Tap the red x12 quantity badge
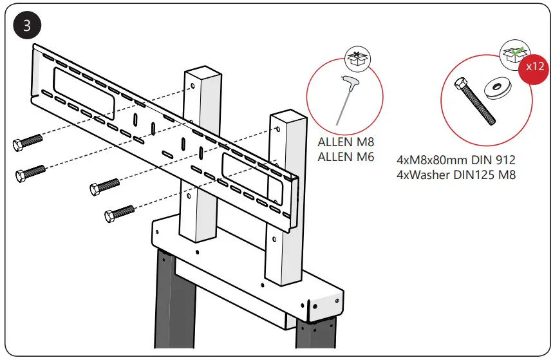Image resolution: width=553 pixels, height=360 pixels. pyautogui.click(x=534, y=68)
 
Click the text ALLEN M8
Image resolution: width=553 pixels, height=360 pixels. pyautogui.click(x=346, y=143)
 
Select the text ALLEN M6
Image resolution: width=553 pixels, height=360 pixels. pyautogui.click(x=346, y=157)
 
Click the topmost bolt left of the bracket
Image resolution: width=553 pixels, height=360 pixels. pyautogui.click(x=27, y=142)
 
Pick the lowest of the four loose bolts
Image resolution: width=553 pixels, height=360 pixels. pyautogui.click(x=118, y=213)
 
